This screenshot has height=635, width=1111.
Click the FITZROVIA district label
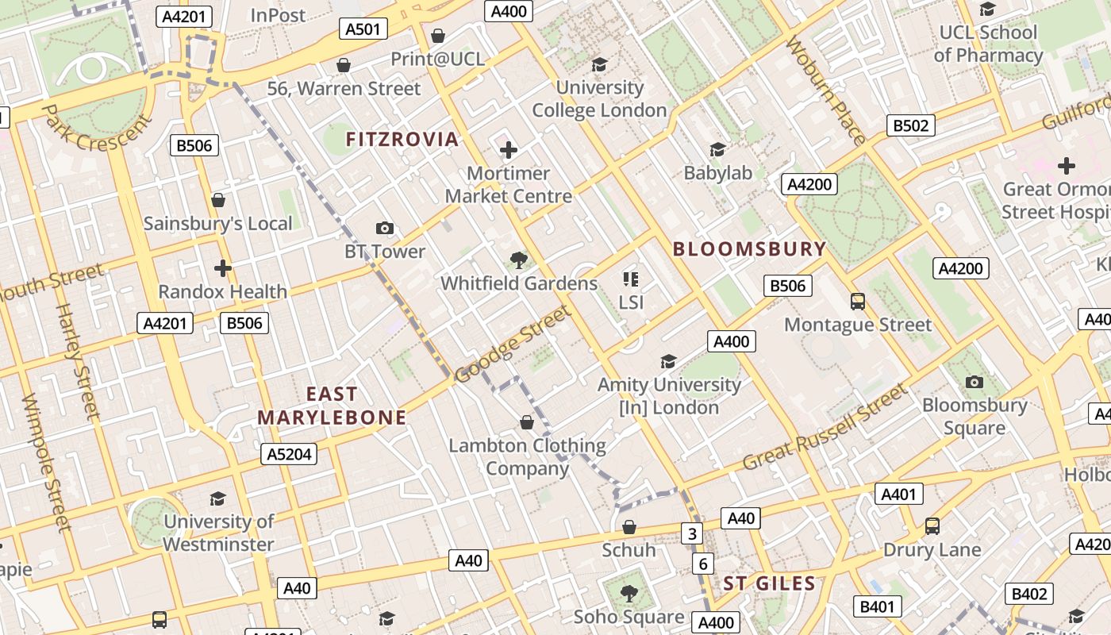(x=402, y=140)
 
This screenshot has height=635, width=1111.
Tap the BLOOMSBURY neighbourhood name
(x=750, y=249)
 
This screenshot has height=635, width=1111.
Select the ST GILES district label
(x=769, y=583)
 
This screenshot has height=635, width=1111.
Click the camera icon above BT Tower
(x=385, y=229)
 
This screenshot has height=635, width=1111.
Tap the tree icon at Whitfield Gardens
(x=519, y=260)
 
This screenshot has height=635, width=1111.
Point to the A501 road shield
(x=364, y=29)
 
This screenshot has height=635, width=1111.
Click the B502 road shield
(x=910, y=125)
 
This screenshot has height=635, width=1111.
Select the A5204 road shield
(x=289, y=454)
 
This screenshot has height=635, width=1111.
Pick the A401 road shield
(x=899, y=495)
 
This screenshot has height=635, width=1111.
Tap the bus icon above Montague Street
(x=858, y=302)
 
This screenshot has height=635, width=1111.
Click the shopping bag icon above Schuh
(x=629, y=527)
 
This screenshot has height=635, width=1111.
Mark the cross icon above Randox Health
(x=223, y=268)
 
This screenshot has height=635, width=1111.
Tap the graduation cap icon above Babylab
(x=718, y=149)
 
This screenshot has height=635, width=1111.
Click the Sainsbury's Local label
(x=217, y=224)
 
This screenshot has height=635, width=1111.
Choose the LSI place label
(x=631, y=302)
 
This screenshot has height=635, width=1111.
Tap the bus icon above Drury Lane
(x=932, y=526)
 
